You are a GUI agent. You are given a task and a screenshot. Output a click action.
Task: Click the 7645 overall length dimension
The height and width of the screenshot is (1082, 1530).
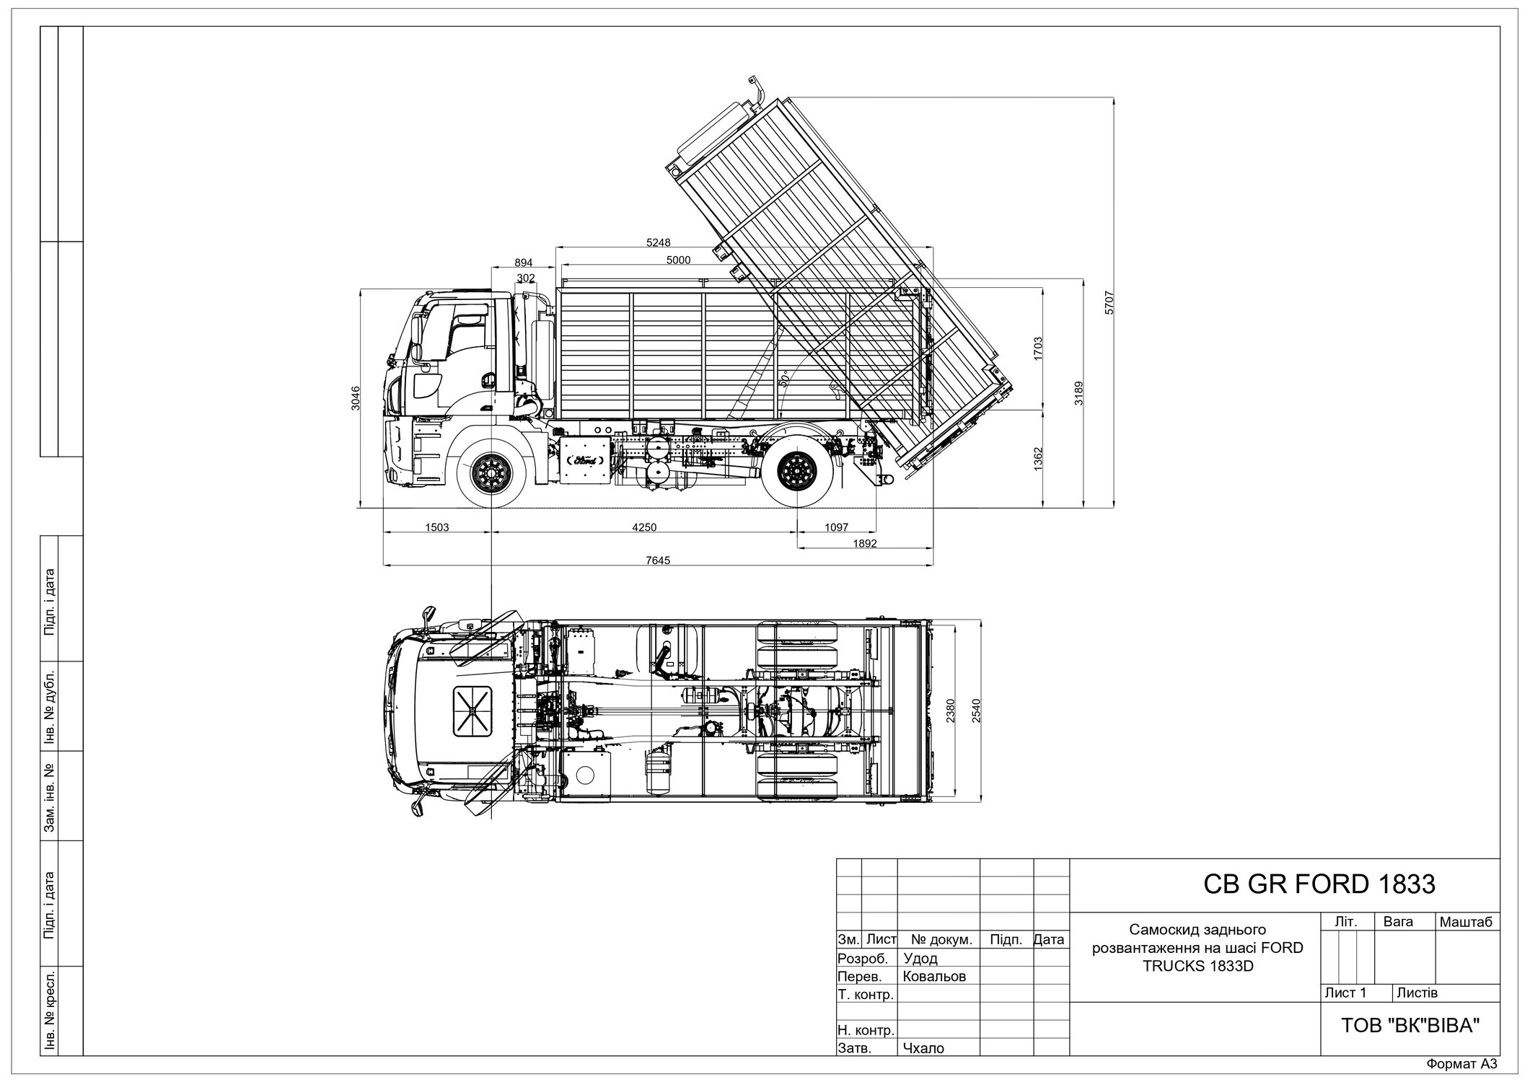[x=659, y=560]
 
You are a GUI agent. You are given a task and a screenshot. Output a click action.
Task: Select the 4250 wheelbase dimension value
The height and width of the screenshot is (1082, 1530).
[x=644, y=527]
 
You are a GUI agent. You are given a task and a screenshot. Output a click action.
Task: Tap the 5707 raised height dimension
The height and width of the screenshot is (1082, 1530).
[x=1109, y=302]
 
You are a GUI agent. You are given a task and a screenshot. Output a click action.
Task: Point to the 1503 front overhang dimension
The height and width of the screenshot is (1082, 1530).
[x=436, y=527]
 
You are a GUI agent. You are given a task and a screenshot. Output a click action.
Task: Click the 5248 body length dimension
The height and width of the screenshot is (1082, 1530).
[x=659, y=242]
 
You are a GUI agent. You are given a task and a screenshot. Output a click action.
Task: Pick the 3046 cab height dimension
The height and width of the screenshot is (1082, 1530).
[x=355, y=397]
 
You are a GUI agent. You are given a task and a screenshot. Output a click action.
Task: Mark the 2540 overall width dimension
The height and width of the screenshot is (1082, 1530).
[x=977, y=711]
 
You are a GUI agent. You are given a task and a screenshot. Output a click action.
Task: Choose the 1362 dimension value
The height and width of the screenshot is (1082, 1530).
[x=1038, y=459]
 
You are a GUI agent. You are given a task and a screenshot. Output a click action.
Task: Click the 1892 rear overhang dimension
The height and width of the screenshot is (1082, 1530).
[x=864, y=544]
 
